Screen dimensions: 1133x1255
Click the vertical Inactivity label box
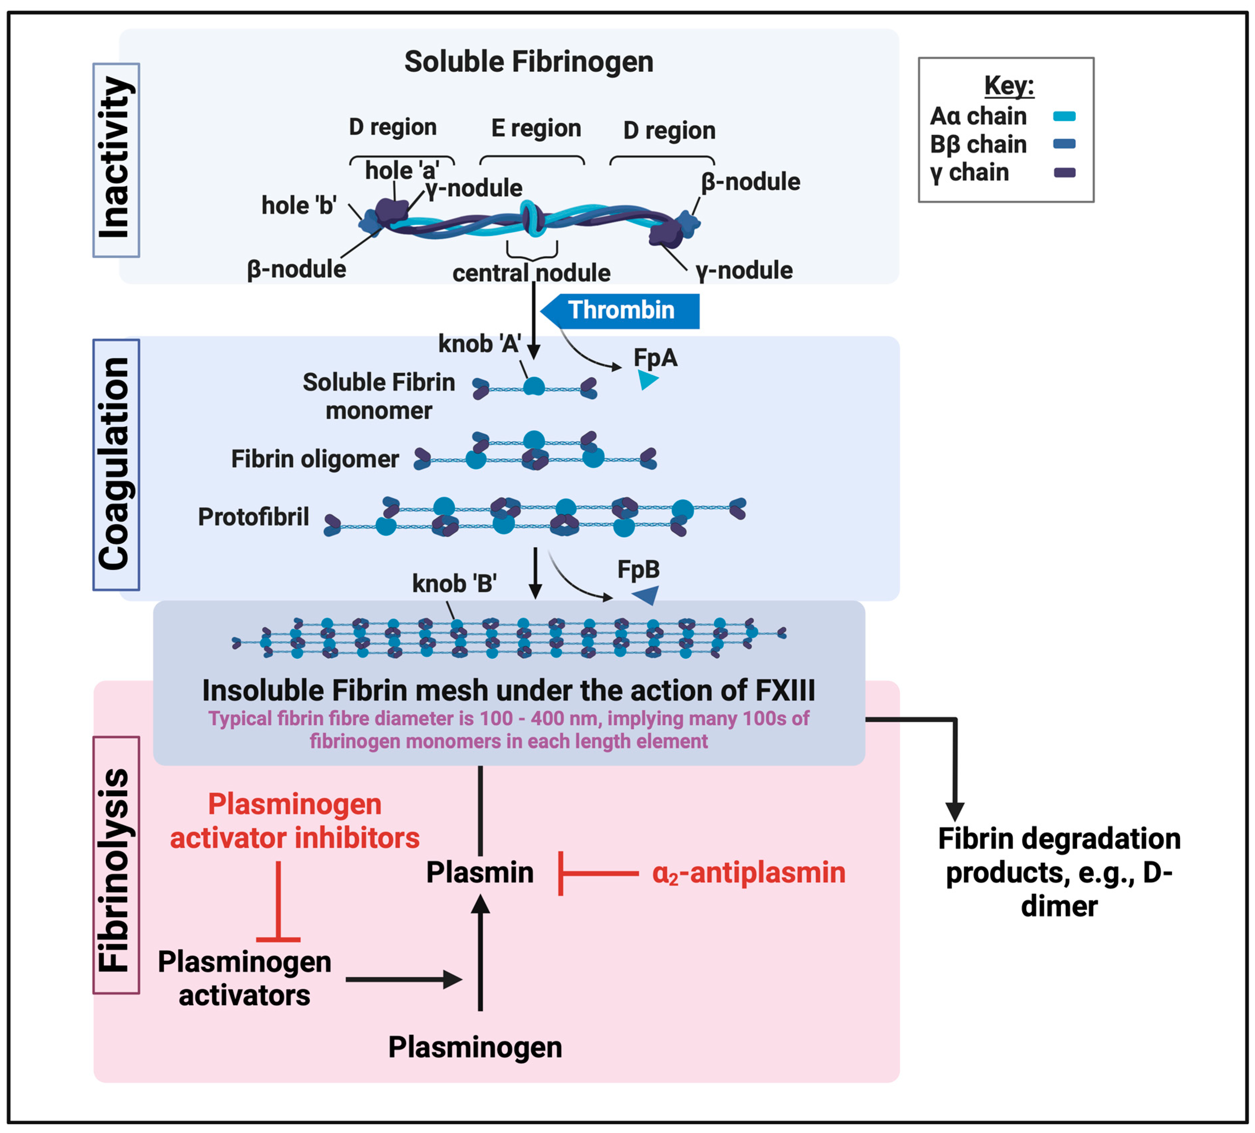(x=116, y=160)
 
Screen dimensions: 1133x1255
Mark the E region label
(x=536, y=128)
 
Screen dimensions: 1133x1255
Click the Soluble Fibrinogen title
(x=529, y=61)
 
